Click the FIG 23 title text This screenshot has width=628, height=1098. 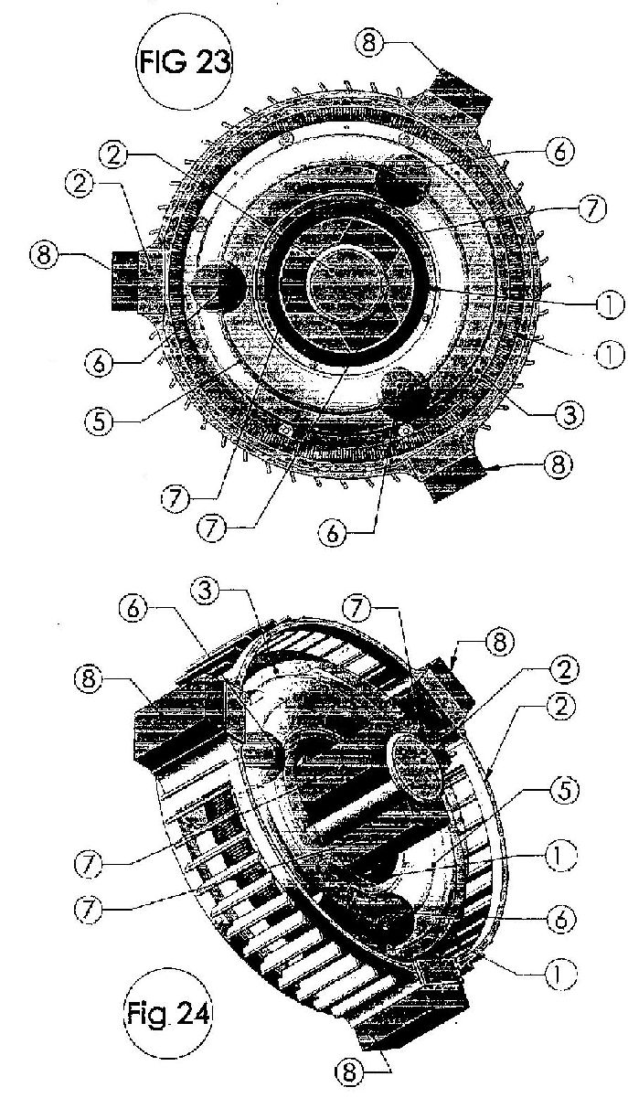185,63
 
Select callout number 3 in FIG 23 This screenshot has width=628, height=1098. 569,415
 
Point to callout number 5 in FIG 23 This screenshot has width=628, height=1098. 99,421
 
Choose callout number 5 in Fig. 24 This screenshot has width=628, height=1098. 563,790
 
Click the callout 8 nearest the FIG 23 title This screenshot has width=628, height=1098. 368,43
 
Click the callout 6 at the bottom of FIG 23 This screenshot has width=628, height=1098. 332,532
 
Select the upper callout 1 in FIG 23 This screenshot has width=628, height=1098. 610,304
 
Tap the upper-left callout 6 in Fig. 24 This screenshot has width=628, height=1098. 133,609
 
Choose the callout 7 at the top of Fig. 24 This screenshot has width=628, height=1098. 356,608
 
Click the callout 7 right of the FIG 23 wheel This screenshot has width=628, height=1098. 592,208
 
